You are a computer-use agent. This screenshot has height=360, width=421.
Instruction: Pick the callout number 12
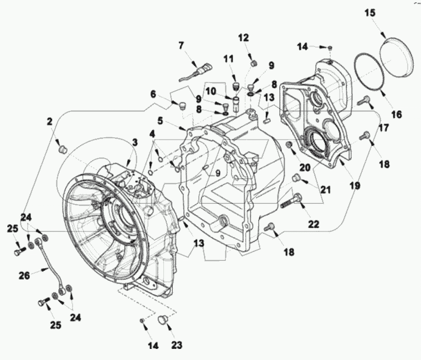click(x=244, y=38)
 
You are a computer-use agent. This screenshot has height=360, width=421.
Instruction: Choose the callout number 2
click(x=49, y=121)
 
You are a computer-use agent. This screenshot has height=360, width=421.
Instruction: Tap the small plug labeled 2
click(x=62, y=148)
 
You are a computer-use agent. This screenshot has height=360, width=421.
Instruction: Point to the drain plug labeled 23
click(x=163, y=320)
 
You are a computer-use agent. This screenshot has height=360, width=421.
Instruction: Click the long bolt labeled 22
click(x=294, y=199)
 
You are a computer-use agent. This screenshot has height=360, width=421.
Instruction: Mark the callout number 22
click(x=314, y=224)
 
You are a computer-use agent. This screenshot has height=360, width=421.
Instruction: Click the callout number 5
click(x=160, y=120)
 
